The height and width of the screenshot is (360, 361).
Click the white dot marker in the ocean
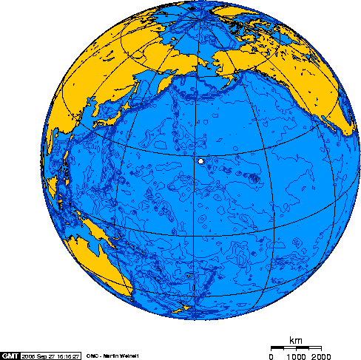(x=200, y=160)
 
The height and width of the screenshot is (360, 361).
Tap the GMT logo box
(x=10, y=355)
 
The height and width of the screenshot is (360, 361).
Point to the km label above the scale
(x=296, y=340)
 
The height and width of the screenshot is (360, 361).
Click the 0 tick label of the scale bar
(x=271, y=356)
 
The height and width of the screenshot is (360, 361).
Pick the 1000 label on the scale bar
(x=294, y=356)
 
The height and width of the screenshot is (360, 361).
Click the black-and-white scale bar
(x=295, y=347)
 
